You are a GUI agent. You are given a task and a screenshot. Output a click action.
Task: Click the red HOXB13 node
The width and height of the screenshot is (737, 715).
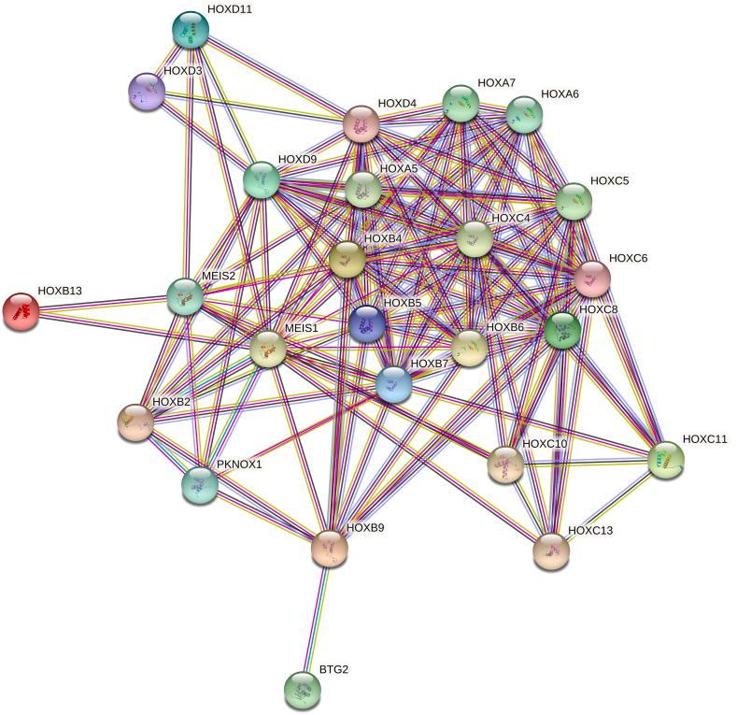[x=21, y=311]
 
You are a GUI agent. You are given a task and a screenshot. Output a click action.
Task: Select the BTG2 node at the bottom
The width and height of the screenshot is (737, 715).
[x=302, y=690]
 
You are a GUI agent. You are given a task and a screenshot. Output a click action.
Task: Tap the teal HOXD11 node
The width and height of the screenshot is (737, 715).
[x=192, y=30]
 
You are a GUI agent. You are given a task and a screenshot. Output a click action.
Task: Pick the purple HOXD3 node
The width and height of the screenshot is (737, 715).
[x=147, y=91]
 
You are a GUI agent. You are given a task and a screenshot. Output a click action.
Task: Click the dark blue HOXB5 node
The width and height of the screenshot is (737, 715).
[x=367, y=324]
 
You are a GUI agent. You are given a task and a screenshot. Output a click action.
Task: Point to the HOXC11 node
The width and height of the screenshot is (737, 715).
[x=665, y=460]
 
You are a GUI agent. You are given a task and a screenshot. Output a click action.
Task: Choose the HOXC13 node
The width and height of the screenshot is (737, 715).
[x=551, y=551]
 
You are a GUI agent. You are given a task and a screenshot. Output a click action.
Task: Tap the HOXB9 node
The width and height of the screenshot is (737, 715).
[x=329, y=549]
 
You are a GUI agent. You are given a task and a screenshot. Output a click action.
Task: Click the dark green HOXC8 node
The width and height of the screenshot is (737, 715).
[x=563, y=330]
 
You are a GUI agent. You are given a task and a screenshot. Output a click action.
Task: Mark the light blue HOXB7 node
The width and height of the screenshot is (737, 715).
[x=394, y=384]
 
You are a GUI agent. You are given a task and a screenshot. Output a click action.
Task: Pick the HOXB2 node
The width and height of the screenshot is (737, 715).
[x=135, y=423]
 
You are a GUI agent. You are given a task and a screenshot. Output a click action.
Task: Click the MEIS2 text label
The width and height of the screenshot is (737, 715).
[x=220, y=276]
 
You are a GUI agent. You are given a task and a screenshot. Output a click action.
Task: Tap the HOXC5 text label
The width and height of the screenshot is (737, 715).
[x=609, y=180]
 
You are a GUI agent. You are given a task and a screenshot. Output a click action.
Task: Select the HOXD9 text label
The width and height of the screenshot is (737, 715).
[x=298, y=160]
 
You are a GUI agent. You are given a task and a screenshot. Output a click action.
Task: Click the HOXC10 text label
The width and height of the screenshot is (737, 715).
[x=545, y=443]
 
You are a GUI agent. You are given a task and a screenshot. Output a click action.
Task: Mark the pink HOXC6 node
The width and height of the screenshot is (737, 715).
[x=592, y=279]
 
